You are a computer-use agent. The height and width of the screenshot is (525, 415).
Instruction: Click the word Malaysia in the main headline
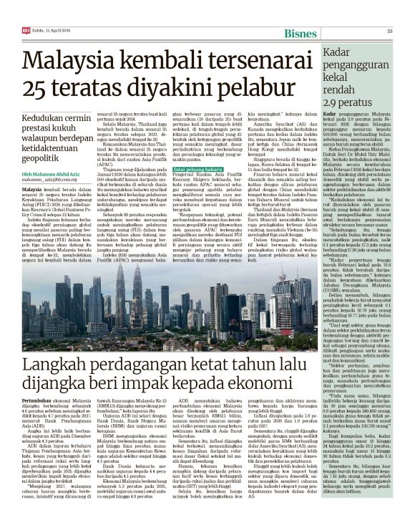pyautogui.click(x=72, y=62)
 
